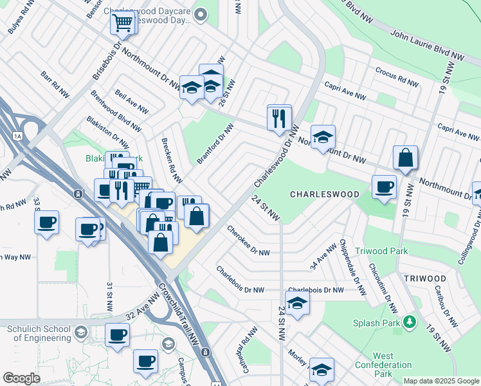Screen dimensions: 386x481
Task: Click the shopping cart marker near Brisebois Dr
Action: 122,23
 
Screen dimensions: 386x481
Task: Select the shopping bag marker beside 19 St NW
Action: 405,158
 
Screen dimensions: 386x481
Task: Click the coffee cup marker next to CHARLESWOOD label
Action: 384,187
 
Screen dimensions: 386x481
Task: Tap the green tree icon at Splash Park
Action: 408,320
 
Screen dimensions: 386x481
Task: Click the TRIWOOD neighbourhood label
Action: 425,278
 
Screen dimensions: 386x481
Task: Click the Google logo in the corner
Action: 21,378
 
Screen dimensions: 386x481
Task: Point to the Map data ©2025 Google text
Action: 440,381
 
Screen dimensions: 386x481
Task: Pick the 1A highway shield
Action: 17,135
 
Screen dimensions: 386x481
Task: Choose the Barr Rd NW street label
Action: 55,84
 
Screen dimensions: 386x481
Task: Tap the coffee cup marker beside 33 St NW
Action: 47,223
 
